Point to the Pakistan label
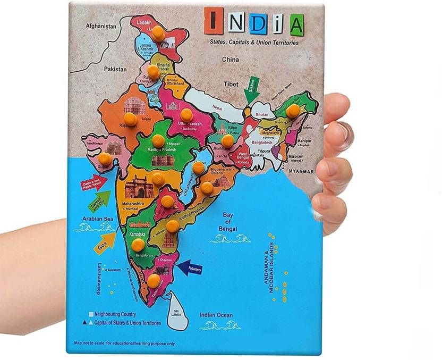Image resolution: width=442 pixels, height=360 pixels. tap(115, 69)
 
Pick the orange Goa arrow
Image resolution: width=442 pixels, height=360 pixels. tap(105, 242)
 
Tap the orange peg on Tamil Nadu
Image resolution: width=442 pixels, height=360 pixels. tap(154, 280)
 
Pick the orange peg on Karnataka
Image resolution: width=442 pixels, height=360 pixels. tap(138, 245)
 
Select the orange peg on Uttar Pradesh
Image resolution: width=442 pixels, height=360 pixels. tap(185, 115)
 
